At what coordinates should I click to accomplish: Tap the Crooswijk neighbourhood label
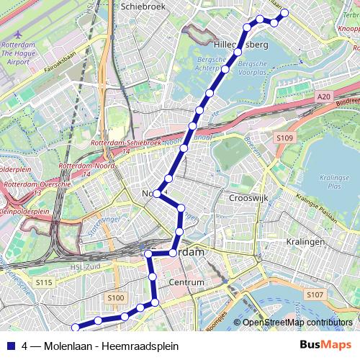click(249, 197)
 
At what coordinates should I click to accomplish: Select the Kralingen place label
click(305, 242)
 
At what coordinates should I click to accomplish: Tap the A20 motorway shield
click(324, 95)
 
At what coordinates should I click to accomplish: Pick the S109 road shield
click(284, 138)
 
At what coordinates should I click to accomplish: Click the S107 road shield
click(314, 295)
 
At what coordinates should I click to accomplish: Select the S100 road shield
click(115, 297)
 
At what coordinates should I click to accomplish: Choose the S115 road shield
click(44, 283)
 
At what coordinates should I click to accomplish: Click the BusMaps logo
click(325, 346)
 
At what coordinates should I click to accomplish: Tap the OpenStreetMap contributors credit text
click(297, 323)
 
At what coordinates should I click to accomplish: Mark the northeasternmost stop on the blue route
click(284, 12)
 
